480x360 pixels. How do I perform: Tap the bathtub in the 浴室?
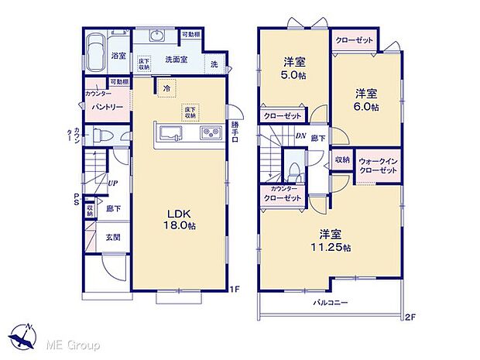97,57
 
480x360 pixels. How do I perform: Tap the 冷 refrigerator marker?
166,89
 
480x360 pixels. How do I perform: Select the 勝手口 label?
235,130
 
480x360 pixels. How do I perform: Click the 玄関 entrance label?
113,237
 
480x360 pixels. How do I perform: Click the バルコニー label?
330,303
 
